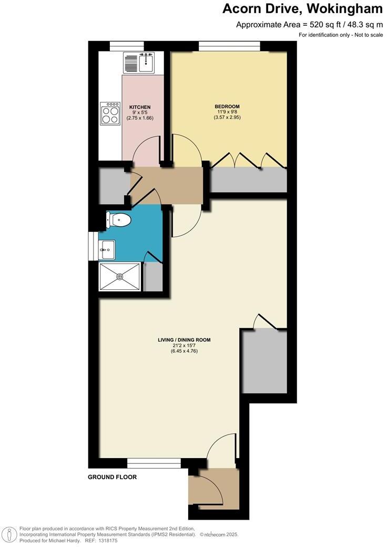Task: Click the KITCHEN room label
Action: click(140, 107)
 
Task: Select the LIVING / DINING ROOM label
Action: click(184, 340)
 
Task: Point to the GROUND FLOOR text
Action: click(113, 478)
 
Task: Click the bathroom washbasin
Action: click(106, 249)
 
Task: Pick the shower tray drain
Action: click(120, 276)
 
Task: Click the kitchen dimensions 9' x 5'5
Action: click(140, 113)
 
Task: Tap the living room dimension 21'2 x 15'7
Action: click(184, 346)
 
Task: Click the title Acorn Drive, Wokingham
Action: click(302, 9)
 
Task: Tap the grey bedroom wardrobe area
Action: click(249, 180)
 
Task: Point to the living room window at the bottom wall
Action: click(154, 462)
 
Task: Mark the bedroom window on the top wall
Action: click(229, 46)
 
